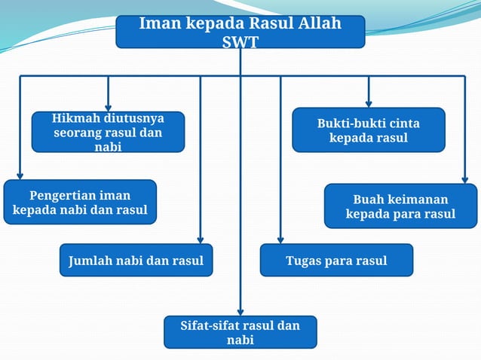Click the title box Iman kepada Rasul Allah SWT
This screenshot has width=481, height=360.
pos(240,32)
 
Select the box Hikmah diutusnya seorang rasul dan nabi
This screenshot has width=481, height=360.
pos(108,132)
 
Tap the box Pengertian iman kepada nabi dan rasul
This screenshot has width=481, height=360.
pos(80,202)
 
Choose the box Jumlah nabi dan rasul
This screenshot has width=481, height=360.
pos(136,261)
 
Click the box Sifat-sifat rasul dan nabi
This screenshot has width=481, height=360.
pos(240,332)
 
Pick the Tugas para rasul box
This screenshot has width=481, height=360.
pos(336,261)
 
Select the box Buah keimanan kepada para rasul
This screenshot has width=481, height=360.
pos(400,206)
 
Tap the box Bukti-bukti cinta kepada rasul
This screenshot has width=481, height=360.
pos(368,130)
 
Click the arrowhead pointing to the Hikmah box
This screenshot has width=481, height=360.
pos(109,106)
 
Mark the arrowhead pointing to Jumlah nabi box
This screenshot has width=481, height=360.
pos(200,238)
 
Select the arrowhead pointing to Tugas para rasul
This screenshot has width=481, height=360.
pos(280,238)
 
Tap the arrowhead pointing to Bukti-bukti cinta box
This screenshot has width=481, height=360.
pos(369,102)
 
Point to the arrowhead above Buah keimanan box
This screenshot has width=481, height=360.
pos(464,178)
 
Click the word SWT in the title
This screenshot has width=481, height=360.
pos(240,41)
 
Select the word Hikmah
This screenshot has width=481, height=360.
pos(74,119)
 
